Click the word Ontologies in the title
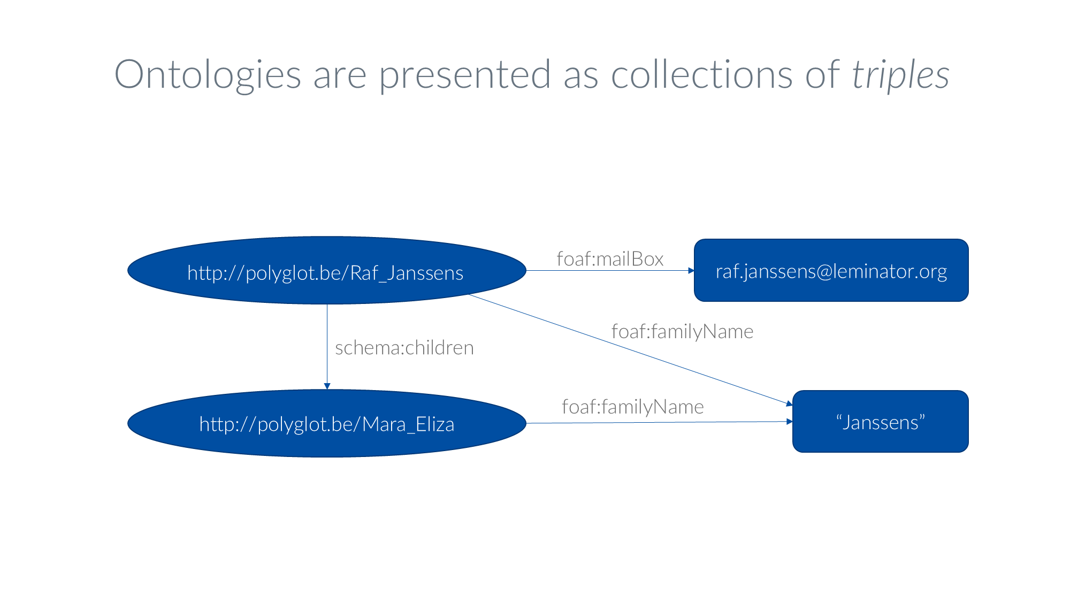click(208, 75)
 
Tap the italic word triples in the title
click(900, 75)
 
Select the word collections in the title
click(701, 75)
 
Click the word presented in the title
click(464, 75)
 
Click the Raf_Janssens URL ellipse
click(326, 271)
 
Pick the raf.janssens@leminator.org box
click(831, 271)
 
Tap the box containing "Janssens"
click(880, 422)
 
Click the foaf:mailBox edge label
click(610, 259)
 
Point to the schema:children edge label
click(404, 348)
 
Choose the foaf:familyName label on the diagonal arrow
click(682, 332)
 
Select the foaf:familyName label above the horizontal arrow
click(632, 407)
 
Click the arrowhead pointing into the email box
click(691, 271)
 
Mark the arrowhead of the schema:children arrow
click(327, 386)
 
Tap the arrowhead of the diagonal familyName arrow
click(789, 403)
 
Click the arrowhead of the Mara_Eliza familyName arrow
click(789, 422)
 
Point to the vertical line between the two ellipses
click(327, 342)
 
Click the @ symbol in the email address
click(824, 272)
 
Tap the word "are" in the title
click(340, 75)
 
